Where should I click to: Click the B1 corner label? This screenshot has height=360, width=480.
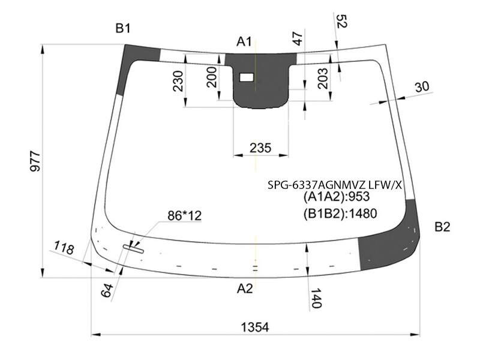pyautogui.click(x=123, y=28)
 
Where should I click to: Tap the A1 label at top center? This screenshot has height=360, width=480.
pyautogui.click(x=244, y=41)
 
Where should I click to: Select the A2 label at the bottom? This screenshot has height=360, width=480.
pyautogui.click(x=245, y=289)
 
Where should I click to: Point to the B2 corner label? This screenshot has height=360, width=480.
pyautogui.click(x=442, y=227)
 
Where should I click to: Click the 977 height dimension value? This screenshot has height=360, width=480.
pyautogui.click(x=35, y=161)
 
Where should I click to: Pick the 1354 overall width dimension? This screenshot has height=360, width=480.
pyautogui.click(x=255, y=327)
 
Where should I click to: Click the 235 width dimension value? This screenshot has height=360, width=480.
pyautogui.click(x=260, y=148)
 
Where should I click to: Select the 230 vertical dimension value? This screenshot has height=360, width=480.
pyautogui.click(x=178, y=81)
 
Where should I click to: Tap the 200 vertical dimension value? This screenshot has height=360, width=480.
pyautogui.click(x=212, y=77)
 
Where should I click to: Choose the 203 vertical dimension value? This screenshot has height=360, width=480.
pyautogui.click(x=323, y=79)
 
